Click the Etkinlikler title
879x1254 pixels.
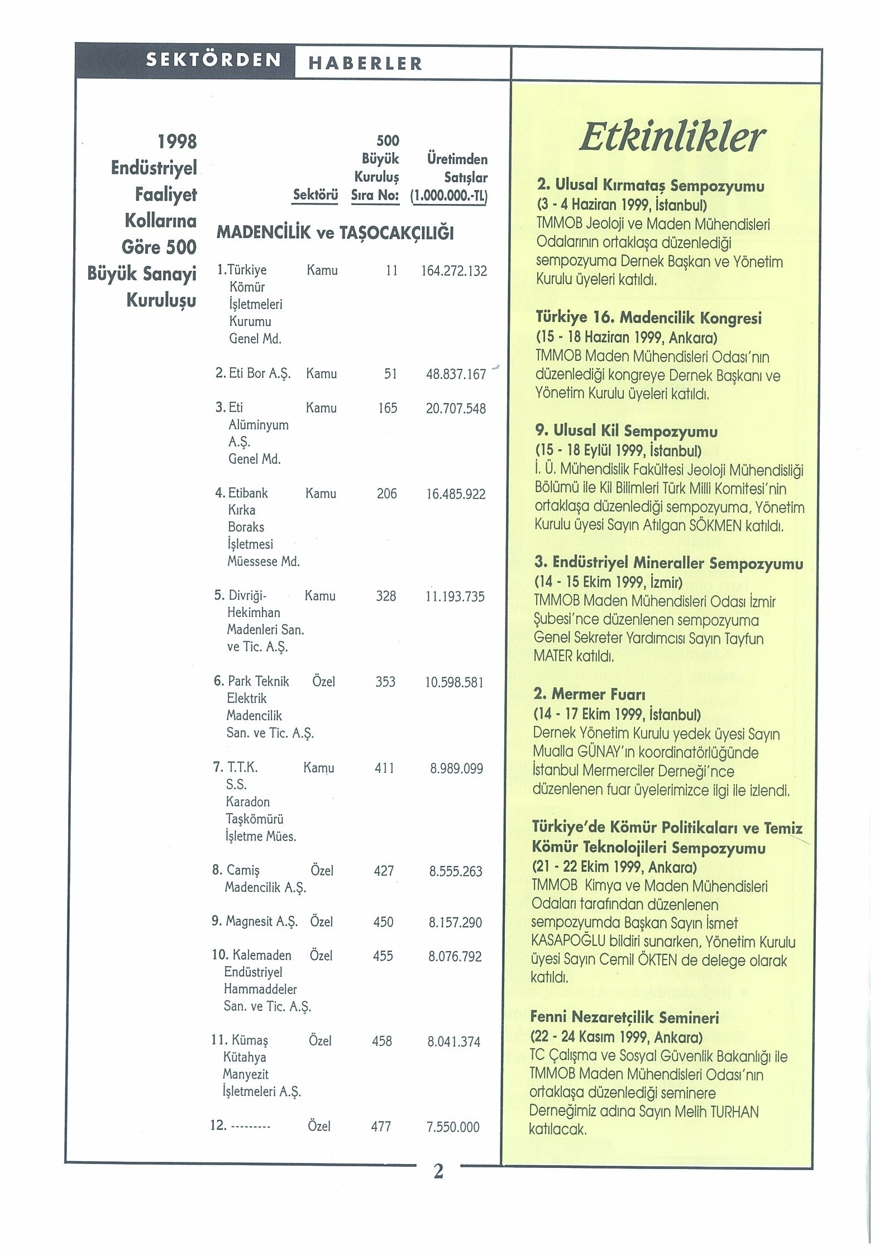(671, 137)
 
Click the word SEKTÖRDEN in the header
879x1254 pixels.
(213, 60)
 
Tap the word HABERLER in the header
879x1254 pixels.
(365, 64)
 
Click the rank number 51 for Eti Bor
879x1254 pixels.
(390, 374)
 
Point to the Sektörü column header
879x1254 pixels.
(316, 195)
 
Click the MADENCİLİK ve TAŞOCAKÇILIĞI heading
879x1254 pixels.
(335, 232)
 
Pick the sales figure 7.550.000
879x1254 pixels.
(453, 1127)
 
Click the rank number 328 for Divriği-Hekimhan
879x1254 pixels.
(386, 596)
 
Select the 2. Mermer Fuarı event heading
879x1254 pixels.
(589, 694)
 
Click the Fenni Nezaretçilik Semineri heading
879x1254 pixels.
(624, 1017)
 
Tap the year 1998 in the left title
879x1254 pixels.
(177, 141)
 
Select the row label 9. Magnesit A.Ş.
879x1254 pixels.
(255, 921)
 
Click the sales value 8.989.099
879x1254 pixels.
(456, 769)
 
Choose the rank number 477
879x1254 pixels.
(381, 1127)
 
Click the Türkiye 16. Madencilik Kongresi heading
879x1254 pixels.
(648, 318)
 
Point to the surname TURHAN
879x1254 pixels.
(734, 1111)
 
